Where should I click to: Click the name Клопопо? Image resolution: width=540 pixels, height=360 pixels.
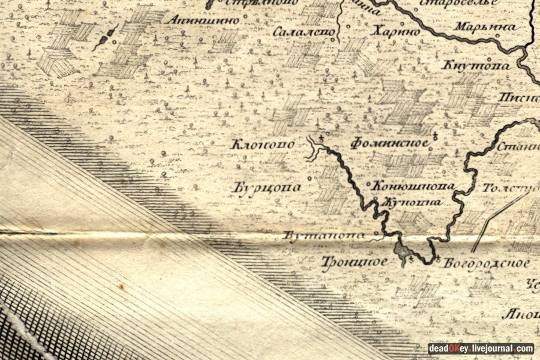[x=263, y=145]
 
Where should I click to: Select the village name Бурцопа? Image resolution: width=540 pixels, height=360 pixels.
[x=266, y=188]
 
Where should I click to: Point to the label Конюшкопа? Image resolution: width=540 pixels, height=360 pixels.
[x=412, y=187]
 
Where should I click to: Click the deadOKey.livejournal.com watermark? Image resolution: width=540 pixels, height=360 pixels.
[x=481, y=349]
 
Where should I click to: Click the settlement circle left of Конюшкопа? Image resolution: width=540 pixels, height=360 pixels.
[x=368, y=184]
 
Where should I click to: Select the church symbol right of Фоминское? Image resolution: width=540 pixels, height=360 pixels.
[x=434, y=138]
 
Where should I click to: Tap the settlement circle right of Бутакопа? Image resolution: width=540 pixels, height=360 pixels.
[x=376, y=233]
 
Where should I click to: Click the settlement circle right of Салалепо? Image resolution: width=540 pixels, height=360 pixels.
[x=334, y=40]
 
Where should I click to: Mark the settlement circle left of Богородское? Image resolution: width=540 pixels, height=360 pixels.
[x=438, y=259]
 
